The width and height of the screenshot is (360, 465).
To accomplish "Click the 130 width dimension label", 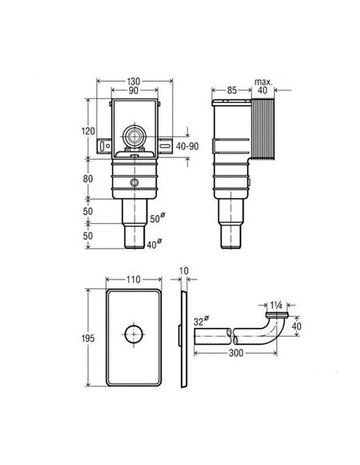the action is (134, 81).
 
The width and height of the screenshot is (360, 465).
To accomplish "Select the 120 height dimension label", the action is (88, 131).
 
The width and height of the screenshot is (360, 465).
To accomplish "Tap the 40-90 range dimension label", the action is (187, 146).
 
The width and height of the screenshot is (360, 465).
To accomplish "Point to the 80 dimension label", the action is (88, 179).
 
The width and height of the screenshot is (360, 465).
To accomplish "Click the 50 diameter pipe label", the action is (157, 218).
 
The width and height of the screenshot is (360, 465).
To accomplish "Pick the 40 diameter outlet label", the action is (155, 244).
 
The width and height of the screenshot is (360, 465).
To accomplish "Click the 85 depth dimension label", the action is (232, 90).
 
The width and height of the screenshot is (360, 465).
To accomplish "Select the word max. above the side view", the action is (263, 82).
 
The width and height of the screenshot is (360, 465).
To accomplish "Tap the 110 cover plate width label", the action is (134, 279).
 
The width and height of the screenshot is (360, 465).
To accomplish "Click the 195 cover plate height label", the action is (88, 338).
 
